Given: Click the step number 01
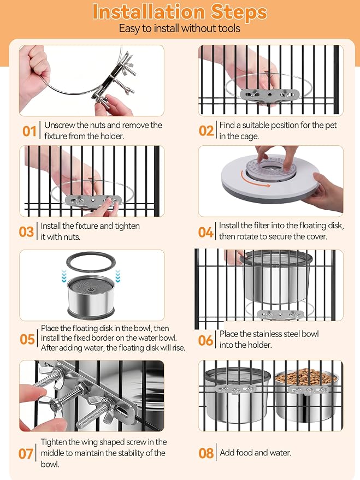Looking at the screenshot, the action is [29, 131].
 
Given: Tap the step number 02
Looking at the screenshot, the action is [206, 131].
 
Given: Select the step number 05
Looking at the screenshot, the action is [27, 339].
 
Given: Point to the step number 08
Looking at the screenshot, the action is [206, 453].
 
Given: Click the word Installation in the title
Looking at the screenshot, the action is [149, 12].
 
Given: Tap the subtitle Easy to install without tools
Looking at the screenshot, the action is [179, 28].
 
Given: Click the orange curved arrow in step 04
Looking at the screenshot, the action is [253, 180].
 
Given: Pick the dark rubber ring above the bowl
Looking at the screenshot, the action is [91, 262].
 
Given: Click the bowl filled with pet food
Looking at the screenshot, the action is [306, 395].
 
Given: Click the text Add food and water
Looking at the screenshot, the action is [255, 453].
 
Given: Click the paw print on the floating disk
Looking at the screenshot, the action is [91, 289].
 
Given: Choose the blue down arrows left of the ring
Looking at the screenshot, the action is [64, 276].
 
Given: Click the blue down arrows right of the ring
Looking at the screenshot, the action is [118, 276].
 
